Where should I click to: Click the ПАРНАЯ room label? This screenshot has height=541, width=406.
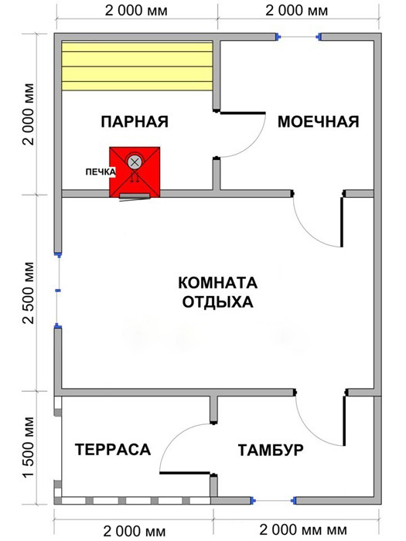[135, 122]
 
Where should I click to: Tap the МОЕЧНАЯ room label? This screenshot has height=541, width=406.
[319, 122]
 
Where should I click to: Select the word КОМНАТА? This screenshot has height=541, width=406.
[218, 283]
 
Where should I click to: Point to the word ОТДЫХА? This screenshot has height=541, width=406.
[218, 302]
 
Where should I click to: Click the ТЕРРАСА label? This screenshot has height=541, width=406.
[113, 450]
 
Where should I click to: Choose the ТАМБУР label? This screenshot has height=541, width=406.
[271, 451]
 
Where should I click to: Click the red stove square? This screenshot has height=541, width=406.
[135, 172]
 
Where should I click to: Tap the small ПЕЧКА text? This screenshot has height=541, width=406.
[101, 172]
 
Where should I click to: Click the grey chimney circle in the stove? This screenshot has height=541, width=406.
[135, 162]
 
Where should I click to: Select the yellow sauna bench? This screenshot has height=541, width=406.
[137, 66]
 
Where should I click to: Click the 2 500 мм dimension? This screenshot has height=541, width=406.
[29, 293]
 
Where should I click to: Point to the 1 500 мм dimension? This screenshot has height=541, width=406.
[29, 447]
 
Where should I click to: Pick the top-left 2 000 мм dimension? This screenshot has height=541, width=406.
[136, 11]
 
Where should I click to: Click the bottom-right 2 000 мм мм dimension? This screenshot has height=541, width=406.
[303, 529]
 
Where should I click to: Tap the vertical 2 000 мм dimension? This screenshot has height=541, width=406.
[29, 114]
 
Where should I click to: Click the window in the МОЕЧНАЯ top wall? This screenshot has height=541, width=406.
[299, 36]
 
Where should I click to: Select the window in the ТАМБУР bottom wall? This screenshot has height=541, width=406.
[273, 500]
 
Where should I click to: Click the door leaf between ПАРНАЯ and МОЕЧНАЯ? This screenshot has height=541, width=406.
[243, 113]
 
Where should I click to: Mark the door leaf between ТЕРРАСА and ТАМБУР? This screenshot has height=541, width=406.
[185, 473]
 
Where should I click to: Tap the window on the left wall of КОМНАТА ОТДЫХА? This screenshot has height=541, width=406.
[58, 291]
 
